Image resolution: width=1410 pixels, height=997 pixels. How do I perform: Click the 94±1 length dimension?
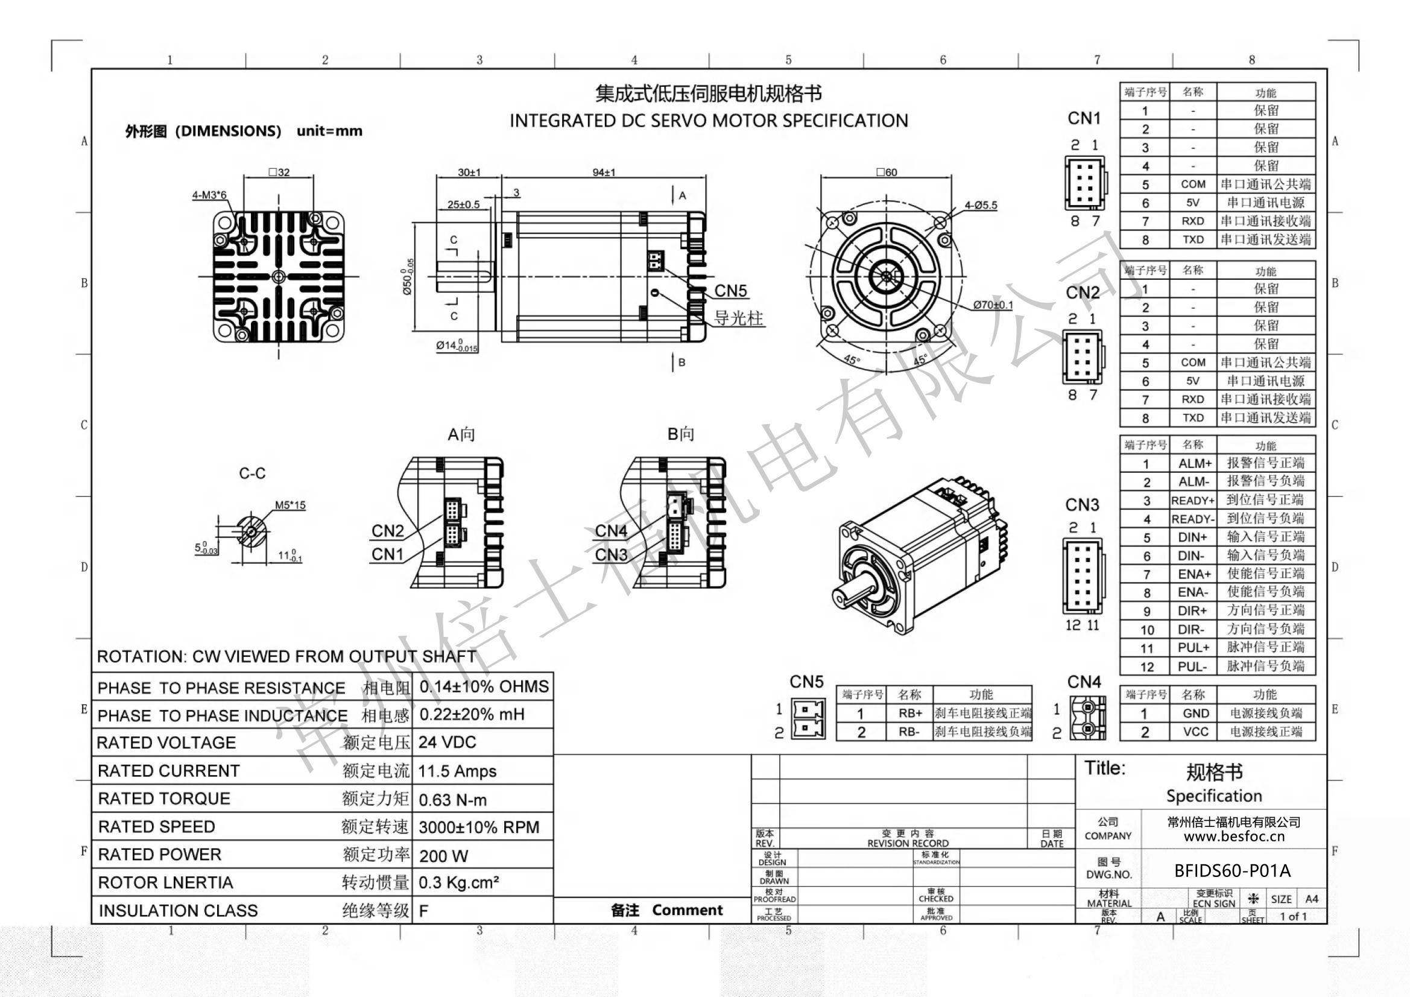tap(603, 172)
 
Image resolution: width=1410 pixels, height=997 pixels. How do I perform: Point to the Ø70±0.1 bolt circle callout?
tap(993, 305)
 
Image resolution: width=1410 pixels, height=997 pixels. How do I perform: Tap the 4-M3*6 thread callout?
tap(209, 195)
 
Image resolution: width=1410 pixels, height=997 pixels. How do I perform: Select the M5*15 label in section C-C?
tap(290, 505)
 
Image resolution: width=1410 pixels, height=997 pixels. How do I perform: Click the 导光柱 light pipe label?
tap(738, 318)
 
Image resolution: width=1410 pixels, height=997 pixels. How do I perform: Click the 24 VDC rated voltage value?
tap(447, 742)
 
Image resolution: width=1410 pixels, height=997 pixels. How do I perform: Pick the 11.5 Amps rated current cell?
tap(457, 771)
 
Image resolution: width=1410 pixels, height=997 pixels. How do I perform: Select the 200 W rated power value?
tap(443, 856)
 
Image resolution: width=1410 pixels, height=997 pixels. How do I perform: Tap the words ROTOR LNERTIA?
tap(165, 883)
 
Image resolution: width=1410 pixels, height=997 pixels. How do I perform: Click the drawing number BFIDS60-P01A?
tap(1232, 870)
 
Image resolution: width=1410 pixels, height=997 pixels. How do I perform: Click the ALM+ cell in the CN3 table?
tap(1194, 464)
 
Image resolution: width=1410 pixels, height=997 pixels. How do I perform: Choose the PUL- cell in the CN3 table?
tap(1193, 666)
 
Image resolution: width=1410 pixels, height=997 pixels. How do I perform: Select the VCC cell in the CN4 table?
tap(1195, 732)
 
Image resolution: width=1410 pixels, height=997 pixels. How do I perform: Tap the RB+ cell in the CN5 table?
tap(909, 713)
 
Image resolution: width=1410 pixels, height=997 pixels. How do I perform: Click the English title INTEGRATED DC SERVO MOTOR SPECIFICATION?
tap(708, 121)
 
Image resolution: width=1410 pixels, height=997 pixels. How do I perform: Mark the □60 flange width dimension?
tap(886, 172)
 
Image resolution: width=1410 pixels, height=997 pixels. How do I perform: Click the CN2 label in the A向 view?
tap(388, 531)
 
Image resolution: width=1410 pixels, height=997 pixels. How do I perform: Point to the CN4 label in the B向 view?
tap(610, 531)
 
